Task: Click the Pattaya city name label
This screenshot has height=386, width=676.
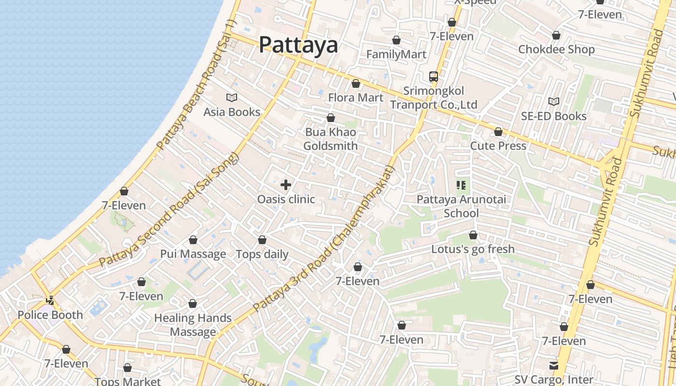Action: [x=298, y=45]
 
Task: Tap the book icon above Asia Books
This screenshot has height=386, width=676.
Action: [x=232, y=98]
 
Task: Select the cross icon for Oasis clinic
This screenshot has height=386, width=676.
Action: [x=286, y=185]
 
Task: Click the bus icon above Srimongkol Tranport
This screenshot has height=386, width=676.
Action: [x=434, y=77]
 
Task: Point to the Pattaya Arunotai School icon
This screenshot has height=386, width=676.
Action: [x=461, y=185]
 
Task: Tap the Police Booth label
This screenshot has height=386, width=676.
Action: [x=50, y=315]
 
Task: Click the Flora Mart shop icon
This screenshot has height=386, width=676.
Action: [x=356, y=84]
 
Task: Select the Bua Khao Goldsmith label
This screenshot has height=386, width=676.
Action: [x=331, y=139]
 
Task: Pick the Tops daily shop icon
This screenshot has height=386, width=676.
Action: [x=262, y=240]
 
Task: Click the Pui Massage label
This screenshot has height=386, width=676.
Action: [x=193, y=254]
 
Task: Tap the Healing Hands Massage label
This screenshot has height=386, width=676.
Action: [x=193, y=325]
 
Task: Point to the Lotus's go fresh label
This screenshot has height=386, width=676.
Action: [x=473, y=249]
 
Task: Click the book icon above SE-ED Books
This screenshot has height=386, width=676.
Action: [x=554, y=102]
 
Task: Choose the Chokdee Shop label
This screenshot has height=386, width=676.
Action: [x=556, y=49]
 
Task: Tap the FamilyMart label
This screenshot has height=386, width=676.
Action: [x=396, y=55]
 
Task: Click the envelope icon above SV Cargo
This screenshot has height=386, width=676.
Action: [x=553, y=366]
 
